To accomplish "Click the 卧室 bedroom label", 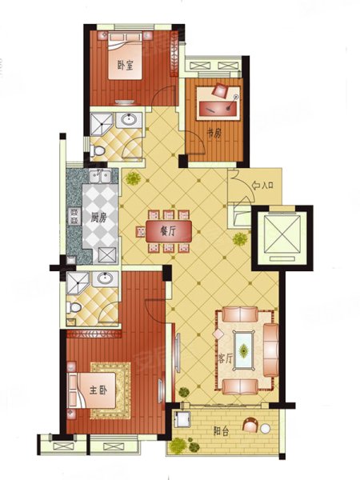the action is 126,66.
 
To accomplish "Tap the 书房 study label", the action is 213,134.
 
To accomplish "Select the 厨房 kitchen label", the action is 98,218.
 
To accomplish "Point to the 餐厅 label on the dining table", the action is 168,232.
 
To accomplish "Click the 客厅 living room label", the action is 226,359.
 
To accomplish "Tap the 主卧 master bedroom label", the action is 98,390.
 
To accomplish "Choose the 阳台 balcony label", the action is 221,432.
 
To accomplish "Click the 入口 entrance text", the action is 266,186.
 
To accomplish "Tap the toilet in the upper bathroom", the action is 98,150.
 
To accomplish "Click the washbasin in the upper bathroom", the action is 129,118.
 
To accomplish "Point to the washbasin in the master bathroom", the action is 106,278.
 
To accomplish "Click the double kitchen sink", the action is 100,176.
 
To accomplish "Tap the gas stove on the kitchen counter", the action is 74,216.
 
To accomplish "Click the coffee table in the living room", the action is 244,350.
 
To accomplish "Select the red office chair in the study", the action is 221,90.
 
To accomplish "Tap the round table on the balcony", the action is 266,428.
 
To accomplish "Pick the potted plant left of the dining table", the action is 133,178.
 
